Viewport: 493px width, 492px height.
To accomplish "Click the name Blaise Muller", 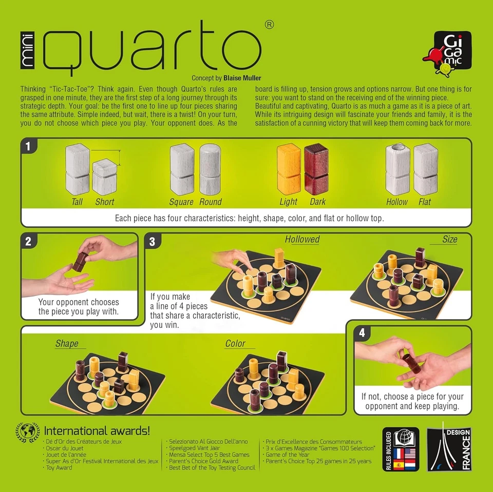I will click(242, 78).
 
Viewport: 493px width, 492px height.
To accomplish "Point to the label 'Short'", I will click(105, 202).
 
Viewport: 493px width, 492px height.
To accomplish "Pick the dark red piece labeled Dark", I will click(316, 168).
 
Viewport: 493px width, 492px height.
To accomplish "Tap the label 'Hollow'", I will click(396, 202).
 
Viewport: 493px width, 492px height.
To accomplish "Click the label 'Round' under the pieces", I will click(211, 202).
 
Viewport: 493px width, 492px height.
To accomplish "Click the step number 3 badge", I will click(153, 242).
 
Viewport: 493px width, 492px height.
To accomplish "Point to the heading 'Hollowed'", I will click(302, 239).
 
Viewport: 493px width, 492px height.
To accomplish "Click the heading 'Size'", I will click(449, 239).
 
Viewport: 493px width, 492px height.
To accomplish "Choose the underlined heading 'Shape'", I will click(67, 344).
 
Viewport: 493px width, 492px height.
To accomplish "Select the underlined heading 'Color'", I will click(235, 344).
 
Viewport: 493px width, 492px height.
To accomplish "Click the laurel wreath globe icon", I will click(28, 432).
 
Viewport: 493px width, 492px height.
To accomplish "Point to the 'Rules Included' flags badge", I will click(401, 449).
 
